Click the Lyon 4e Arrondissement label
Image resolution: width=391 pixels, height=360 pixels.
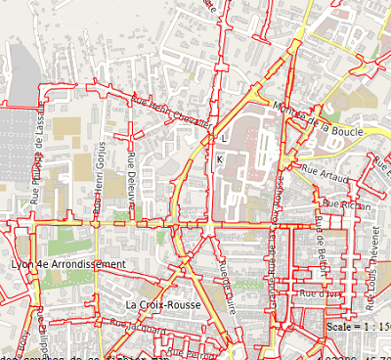click(x=68, y=264)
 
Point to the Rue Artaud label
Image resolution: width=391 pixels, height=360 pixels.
click(x=325, y=171)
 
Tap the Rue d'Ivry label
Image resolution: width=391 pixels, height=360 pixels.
click(x=320, y=292)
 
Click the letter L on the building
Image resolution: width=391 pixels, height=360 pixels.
click(x=224, y=140)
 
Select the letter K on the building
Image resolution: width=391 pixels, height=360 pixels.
click(x=220, y=158)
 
